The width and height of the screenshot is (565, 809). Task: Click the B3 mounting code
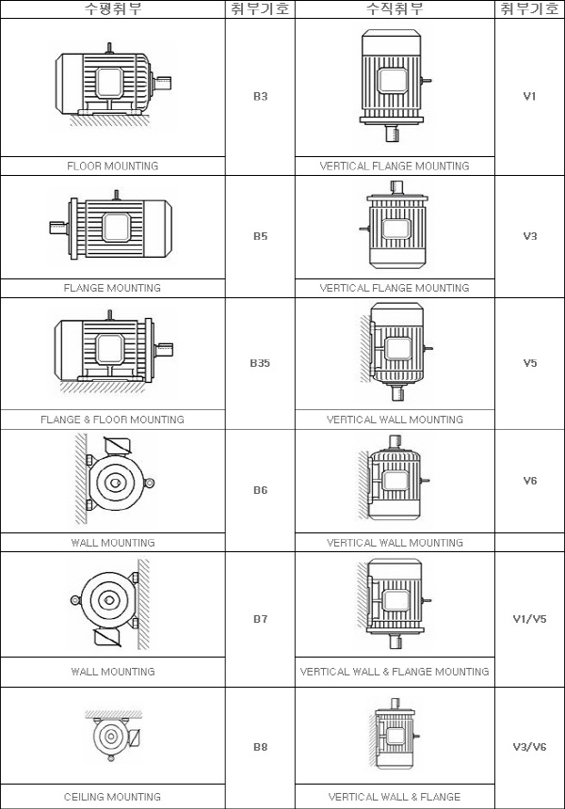(260, 97)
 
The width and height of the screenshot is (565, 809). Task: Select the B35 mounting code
(260, 363)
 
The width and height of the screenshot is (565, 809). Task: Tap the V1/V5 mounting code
(529, 619)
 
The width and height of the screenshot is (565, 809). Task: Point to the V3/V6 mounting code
(529, 747)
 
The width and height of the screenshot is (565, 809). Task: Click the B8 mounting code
(260, 747)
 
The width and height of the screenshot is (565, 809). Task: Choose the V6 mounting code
(530, 481)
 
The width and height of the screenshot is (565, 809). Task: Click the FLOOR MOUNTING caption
(113, 167)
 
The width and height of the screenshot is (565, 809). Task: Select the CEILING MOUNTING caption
(113, 797)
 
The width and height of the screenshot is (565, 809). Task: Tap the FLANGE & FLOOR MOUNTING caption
(113, 420)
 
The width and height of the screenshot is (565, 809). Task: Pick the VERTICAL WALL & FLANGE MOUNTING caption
(395, 672)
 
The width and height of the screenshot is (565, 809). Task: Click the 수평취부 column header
(113, 8)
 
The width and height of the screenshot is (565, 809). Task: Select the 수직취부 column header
(395, 8)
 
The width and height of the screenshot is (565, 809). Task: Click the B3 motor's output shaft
(163, 83)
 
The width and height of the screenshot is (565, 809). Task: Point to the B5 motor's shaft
(59, 228)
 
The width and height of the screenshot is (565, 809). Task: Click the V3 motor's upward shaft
(396, 188)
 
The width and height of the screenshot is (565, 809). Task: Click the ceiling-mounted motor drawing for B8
(113, 736)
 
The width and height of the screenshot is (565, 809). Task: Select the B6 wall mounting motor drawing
(115, 480)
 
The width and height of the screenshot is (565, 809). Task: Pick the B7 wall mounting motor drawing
(110, 604)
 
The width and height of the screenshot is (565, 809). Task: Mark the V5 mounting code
(530, 363)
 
